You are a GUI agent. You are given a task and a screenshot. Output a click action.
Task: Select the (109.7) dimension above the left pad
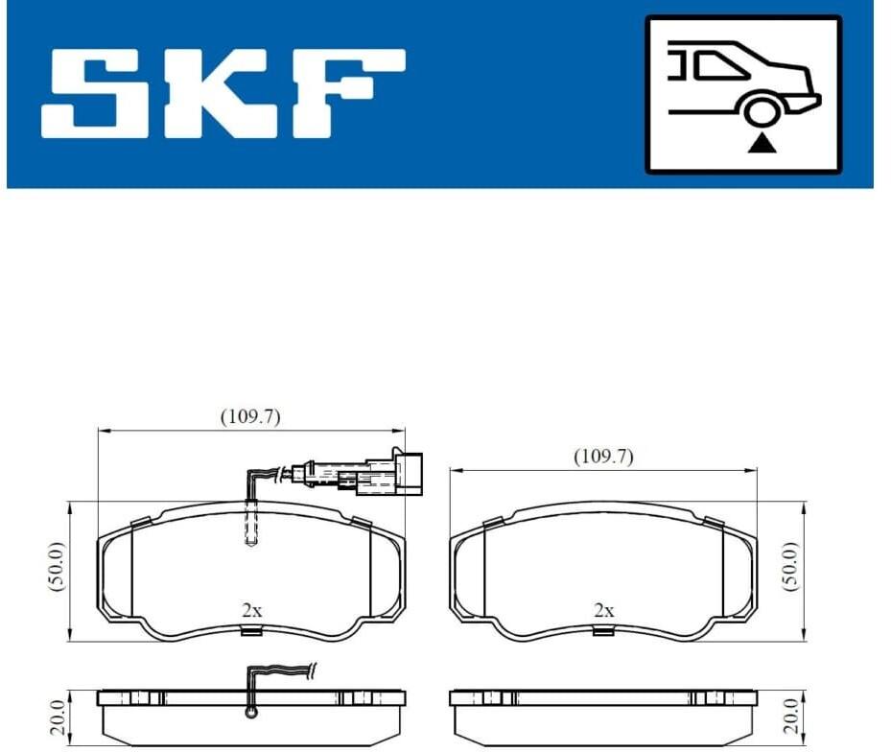coord(250,416)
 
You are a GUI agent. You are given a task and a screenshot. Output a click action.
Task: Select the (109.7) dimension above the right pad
coord(603,456)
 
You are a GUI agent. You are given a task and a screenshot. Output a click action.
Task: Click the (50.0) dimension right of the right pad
coord(791,567)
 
